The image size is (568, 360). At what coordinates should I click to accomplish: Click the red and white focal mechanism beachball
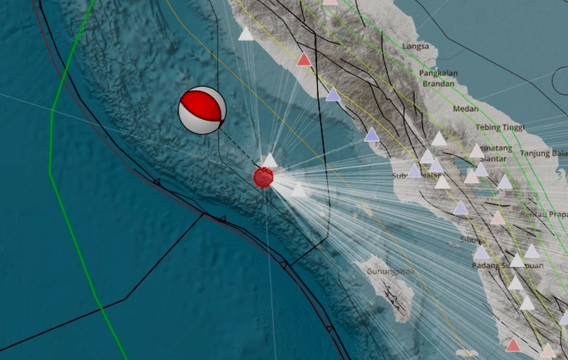coord(202,110)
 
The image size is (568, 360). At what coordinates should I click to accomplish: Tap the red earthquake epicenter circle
coord(263,177)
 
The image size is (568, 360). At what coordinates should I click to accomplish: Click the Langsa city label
coord(417,47)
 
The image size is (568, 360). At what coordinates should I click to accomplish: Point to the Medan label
coord(466,108)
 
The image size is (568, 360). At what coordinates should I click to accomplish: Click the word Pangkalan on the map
coord(439,73)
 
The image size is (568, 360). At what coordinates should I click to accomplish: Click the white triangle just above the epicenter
coord(270,159)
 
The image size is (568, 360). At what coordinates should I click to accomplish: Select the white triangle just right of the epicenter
coord(299,190)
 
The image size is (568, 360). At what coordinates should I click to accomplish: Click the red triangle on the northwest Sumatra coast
coord(303,59)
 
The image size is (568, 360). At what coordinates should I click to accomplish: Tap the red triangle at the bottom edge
coord(513,345)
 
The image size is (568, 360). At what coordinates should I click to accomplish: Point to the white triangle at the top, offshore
coord(245,34)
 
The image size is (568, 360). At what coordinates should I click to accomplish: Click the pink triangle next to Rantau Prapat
coord(498,217)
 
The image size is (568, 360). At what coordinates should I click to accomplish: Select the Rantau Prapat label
coord(544,214)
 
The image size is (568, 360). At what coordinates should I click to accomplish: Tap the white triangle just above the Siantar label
coord(476,151)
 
